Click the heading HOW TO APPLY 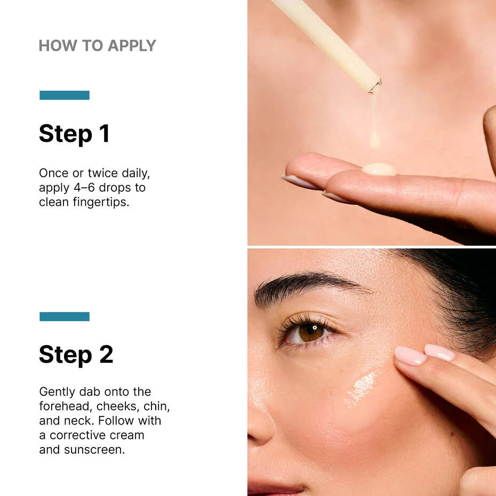click(x=97, y=46)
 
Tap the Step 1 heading click(x=74, y=133)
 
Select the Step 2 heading click(x=76, y=354)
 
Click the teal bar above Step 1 click(x=65, y=95)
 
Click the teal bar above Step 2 click(x=65, y=317)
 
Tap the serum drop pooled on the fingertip click(x=379, y=170)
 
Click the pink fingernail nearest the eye click(x=410, y=356)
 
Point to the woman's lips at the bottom click(x=277, y=488)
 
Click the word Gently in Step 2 click(x=58, y=392)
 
